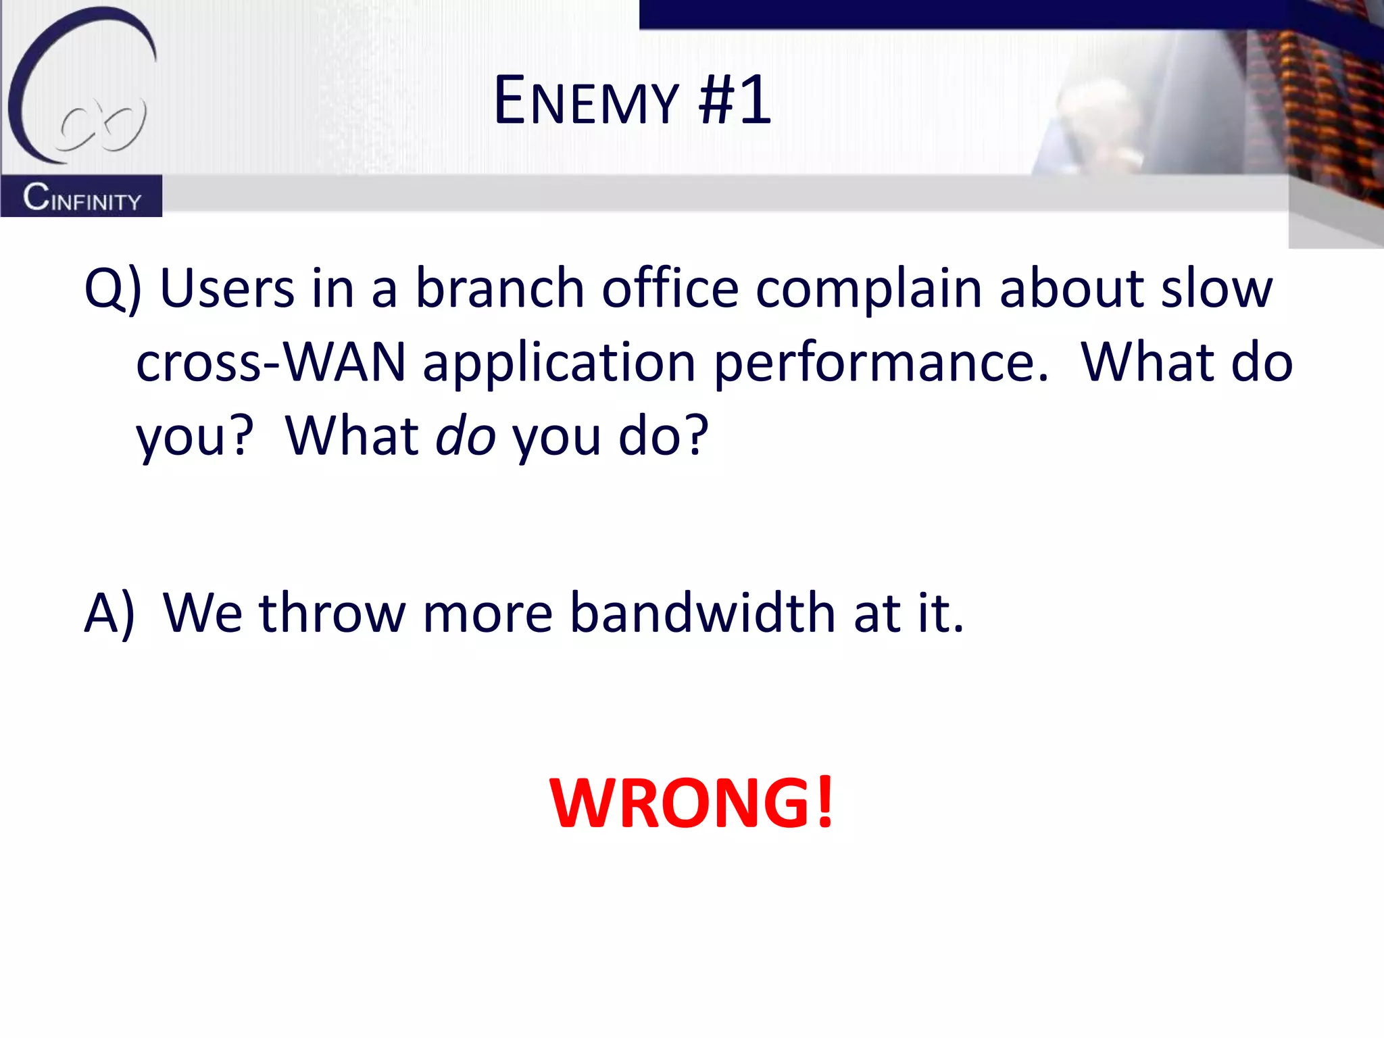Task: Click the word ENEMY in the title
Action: tap(585, 101)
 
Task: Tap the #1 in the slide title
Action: tap(735, 101)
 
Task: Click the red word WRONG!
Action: tap(692, 803)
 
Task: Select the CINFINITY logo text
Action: tap(82, 197)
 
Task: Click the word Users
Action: tap(227, 289)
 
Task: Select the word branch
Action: tap(499, 289)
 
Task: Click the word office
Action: tap(670, 289)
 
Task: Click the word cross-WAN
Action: tap(270, 364)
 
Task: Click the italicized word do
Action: tap(466, 436)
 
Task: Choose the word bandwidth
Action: tap(702, 613)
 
